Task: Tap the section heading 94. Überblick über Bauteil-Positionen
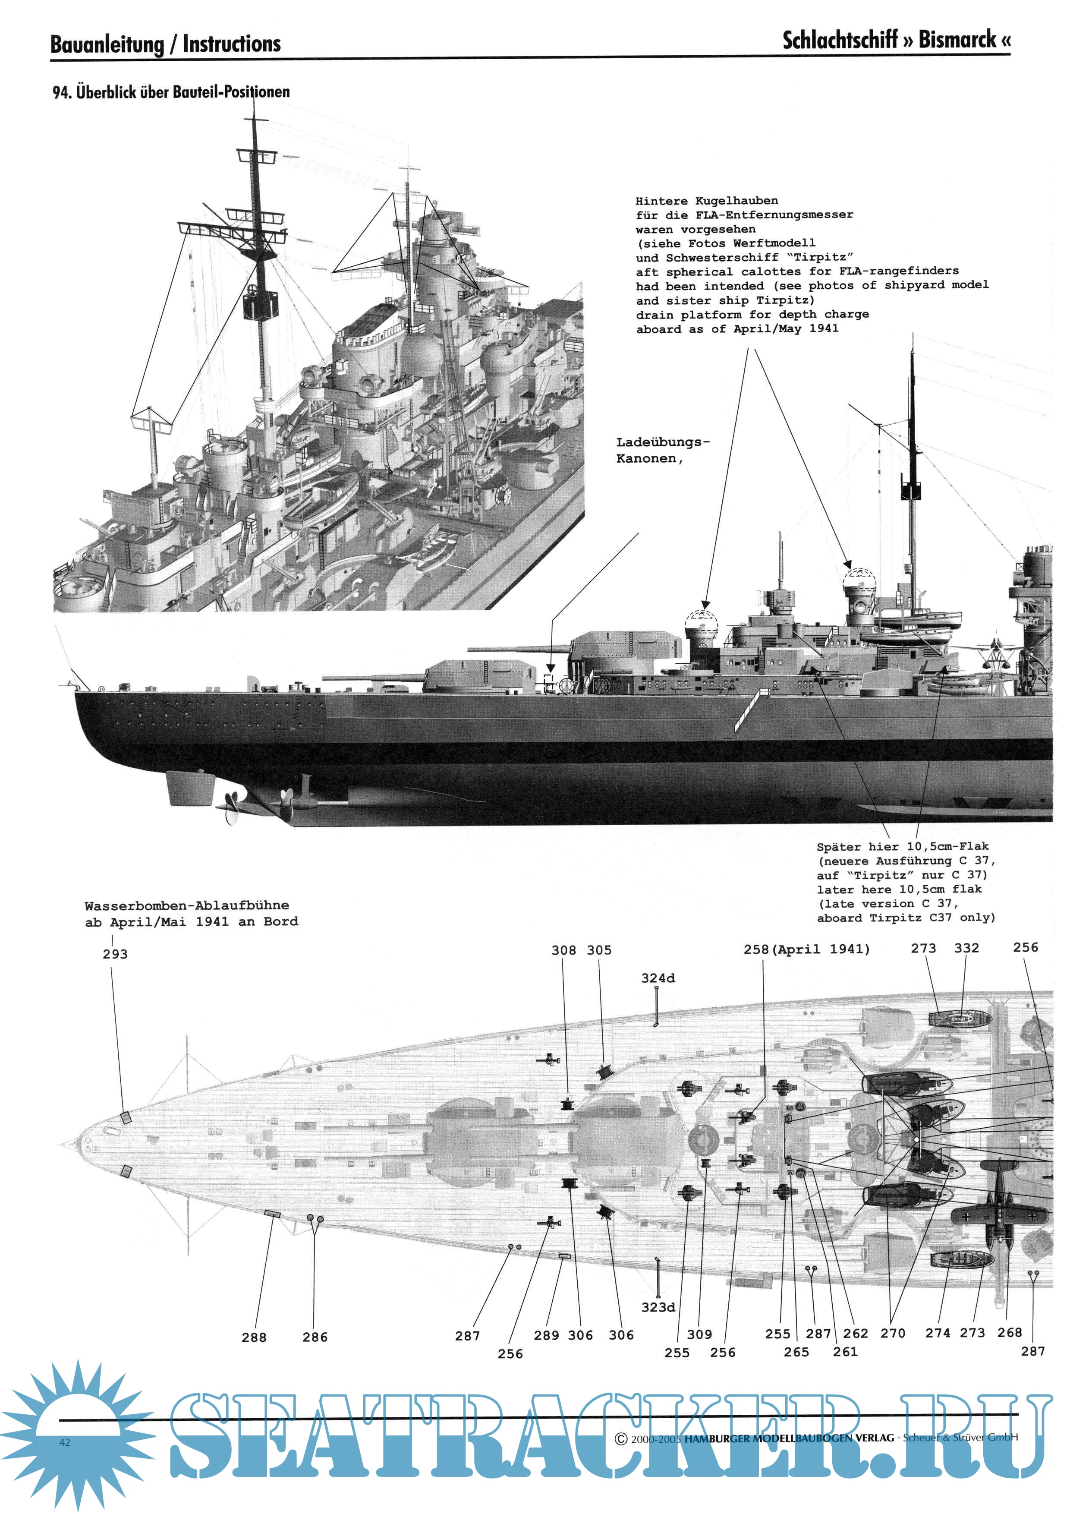point(171,91)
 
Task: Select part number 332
point(966,948)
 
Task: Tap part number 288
point(254,1337)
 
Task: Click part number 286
point(315,1337)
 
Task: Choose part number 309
point(699,1334)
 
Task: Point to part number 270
point(893,1333)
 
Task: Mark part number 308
point(563,950)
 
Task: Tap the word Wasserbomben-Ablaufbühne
point(186,905)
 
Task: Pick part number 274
point(938,1333)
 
